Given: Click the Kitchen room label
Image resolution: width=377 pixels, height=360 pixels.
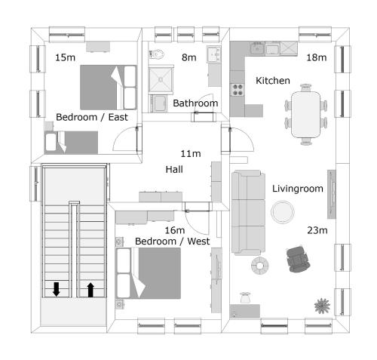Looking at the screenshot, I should pos(270,80).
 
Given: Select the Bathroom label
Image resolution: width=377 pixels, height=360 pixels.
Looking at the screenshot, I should pos(195,103).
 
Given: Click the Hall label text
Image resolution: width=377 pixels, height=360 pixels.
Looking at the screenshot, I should pos(174,170).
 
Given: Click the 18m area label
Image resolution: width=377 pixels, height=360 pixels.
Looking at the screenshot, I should pos(316,58).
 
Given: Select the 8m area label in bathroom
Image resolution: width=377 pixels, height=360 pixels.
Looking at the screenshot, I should pos(188,58).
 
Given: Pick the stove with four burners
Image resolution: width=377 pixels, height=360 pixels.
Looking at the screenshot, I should pos(238,90).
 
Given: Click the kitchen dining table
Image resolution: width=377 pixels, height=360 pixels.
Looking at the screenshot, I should pos(306,112).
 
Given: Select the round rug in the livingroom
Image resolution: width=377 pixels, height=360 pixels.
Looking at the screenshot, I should pos(284,212).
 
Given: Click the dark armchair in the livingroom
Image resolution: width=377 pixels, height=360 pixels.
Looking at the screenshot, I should pos(299,259).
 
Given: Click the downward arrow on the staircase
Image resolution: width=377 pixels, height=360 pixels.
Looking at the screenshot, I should pos(57,289).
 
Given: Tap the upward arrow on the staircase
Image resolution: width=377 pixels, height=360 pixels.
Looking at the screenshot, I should pos(90,289).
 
